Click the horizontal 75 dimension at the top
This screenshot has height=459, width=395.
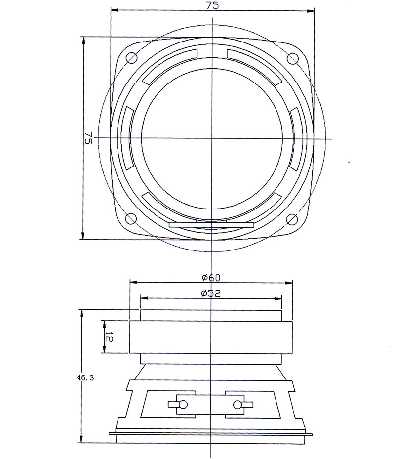click(x=212, y=6)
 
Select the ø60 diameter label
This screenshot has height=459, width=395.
click(x=211, y=277)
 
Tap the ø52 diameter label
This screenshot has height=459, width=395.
click(x=211, y=293)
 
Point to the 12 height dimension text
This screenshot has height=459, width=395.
click(x=108, y=337)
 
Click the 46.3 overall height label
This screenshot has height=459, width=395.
click(x=85, y=378)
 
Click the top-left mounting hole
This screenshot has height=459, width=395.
click(x=132, y=58)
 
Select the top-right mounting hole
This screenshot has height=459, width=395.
click(x=292, y=58)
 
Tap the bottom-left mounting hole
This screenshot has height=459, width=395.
click(x=131, y=218)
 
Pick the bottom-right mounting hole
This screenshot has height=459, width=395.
click(x=292, y=219)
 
